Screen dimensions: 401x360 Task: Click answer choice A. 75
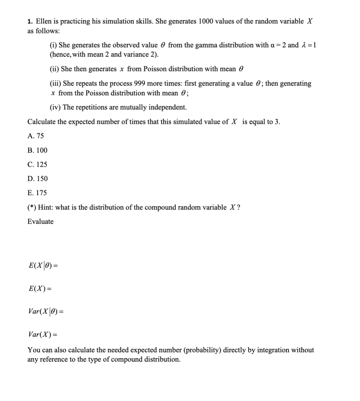[x=36, y=136]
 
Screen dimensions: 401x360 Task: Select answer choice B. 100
[x=37, y=150]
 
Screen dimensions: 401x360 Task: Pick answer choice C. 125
[x=37, y=164]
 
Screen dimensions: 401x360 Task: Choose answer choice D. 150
[x=37, y=178]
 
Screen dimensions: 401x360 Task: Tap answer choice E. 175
[x=37, y=193]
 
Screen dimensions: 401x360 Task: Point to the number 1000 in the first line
[x=206, y=21]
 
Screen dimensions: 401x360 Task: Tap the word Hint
[x=45, y=207]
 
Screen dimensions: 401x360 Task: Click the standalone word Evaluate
[x=40, y=222]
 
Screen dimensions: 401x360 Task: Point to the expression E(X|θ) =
[x=43, y=266]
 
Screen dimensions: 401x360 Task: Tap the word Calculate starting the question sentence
[x=41, y=122]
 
